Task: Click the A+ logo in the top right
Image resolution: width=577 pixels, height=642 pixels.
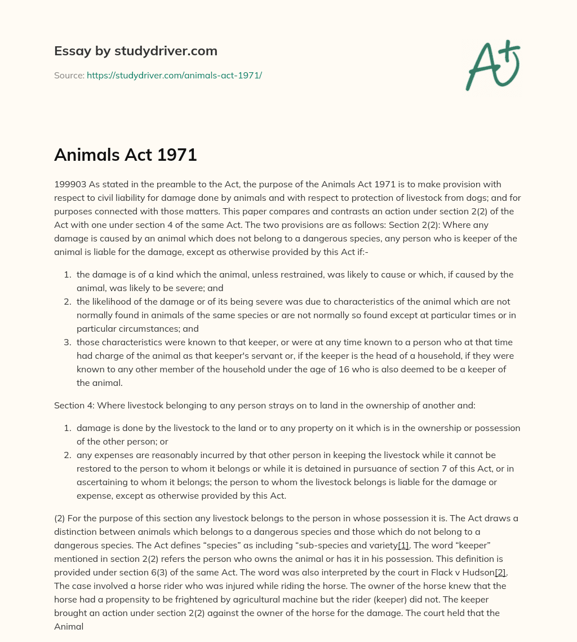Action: pyautogui.click(x=492, y=65)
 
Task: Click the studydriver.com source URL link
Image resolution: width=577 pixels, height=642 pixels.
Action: pyautogui.click(x=174, y=75)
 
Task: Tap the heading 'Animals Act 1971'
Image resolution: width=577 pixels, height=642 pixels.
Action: pyautogui.click(x=125, y=154)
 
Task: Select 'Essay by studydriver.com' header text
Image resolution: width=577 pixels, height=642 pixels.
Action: pyautogui.click(x=135, y=51)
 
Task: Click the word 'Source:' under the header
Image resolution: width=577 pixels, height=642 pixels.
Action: pyautogui.click(x=69, y=75)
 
